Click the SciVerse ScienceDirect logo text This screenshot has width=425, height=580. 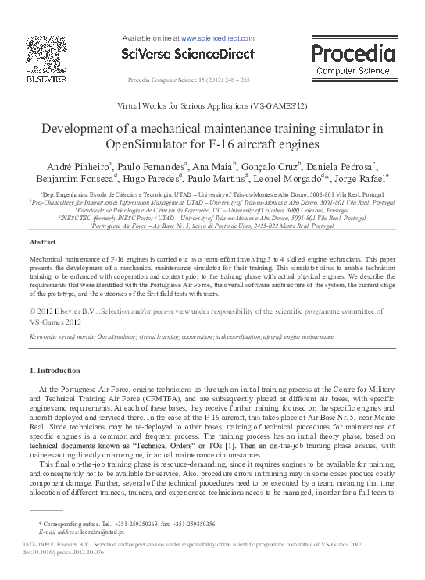tap(188, 54)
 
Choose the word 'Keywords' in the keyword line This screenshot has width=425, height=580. tap(46, 336)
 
